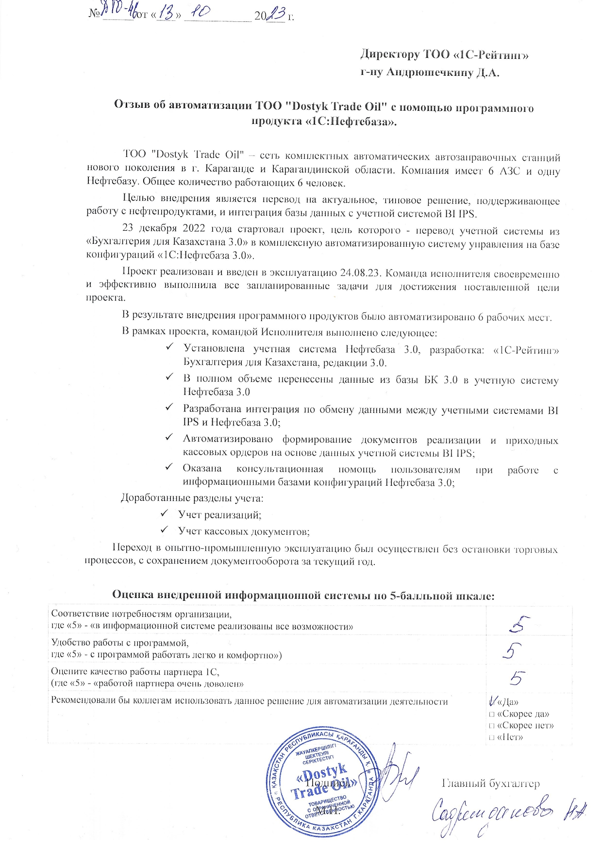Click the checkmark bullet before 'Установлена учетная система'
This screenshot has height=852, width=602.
pos(169,348)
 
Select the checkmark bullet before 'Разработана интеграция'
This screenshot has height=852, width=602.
pos(169,409)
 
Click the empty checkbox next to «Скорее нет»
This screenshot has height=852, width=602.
pos(492,726)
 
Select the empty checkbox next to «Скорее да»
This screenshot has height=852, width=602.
pos(492,714)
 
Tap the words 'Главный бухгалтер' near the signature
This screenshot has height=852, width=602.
pos(491,783)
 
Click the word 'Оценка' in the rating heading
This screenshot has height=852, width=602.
pos(133,595)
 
